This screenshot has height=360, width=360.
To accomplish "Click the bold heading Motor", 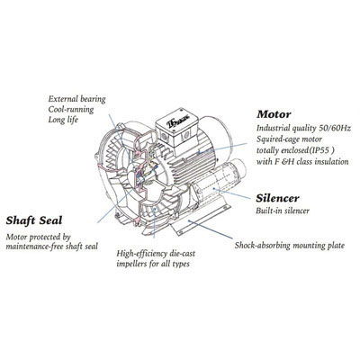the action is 274,114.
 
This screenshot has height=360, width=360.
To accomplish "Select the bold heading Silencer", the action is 277,198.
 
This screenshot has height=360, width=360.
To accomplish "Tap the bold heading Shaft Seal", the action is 34,220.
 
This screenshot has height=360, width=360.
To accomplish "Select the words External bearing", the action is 76,99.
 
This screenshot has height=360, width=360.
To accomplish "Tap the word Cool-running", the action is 71,109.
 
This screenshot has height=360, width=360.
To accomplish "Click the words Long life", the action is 63,120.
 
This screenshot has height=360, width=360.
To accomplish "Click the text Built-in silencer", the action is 283,211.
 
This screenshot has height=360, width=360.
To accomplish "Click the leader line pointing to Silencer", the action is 231,193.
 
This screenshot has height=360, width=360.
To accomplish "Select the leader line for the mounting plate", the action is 211,229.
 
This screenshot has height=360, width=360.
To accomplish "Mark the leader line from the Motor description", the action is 223,148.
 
